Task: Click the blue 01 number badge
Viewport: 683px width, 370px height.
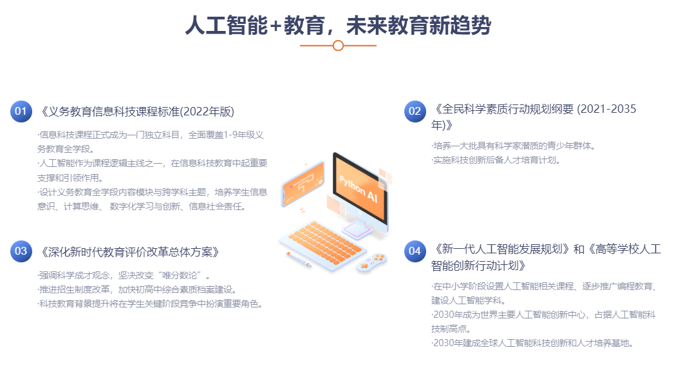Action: [x=21, y=112]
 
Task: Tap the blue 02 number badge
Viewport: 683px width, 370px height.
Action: [x=415, y=112]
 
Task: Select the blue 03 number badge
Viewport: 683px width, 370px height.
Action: [x=21, y=251]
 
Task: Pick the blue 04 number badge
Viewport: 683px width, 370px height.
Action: [x=415, y=251]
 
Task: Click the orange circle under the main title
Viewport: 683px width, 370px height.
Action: [x=338, y=45]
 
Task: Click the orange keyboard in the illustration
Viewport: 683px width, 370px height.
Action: [x=324, y=245]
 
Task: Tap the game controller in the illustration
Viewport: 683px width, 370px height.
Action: [x=371, y=262]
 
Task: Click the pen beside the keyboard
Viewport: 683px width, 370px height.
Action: [x=299, y=259]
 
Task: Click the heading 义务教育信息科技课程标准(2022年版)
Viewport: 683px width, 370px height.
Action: [x=137, y=112]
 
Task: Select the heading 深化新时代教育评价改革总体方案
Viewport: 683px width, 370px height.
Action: [x=129, y=252]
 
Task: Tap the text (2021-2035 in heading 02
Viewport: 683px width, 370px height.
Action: [x=606, y=109]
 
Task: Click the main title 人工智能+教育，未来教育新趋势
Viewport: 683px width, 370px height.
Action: [x=338, y=25]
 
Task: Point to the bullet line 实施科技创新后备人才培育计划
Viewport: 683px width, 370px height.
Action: [x=496, y=160]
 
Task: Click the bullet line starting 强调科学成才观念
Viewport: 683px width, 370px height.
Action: [x=124, y=275]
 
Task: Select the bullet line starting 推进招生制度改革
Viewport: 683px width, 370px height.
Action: [x=137, y=289]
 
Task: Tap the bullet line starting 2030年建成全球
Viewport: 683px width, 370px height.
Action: [x=532, y=343]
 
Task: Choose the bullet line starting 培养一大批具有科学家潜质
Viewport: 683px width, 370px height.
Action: [x=514, y=146]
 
